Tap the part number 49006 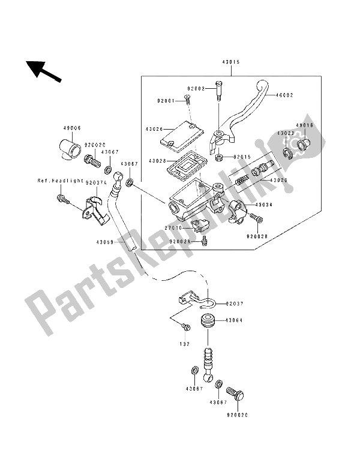click(x=71, y=128)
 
